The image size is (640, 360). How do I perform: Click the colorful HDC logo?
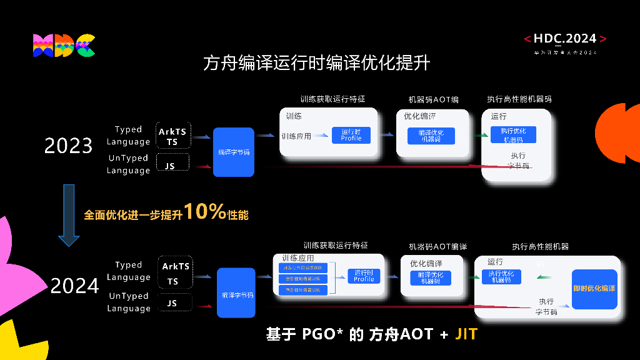tap(64, 46)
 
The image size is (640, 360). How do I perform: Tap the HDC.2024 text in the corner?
tap(565, 39)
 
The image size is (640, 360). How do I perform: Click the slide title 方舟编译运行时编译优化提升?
tap(316, 63)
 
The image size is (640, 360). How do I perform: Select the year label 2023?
tap(68, 146)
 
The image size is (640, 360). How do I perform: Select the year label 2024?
tap(74, 286)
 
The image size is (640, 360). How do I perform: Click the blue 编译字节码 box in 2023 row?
tap(234, 152)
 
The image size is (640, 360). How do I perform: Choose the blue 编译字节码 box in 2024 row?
tap(237, 292)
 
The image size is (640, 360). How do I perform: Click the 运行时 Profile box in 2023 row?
tap(351, 135)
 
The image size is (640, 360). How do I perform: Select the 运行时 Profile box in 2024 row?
tap(364, 276)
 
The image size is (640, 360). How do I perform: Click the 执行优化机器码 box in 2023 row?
tap(513, 134)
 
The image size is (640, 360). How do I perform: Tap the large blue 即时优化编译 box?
tap(594, 289)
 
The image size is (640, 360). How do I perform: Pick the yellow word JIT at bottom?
tap(466, 334)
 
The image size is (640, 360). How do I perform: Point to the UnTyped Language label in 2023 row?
tap(128, 164)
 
